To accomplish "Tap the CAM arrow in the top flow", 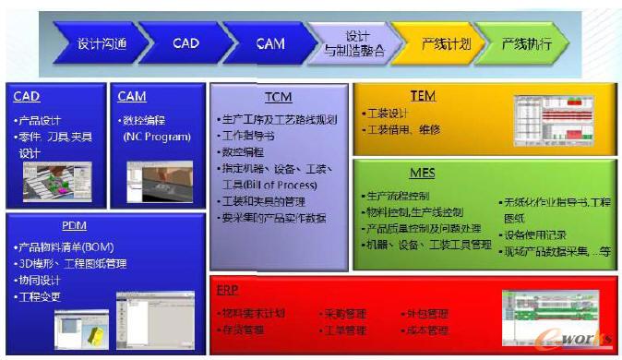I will pos(269,43).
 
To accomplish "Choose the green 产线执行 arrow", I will pos(526,43).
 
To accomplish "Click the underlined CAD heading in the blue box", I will pos(27,96).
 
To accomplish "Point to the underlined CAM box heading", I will pos(132,96).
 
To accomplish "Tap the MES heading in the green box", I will pos(422,172).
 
